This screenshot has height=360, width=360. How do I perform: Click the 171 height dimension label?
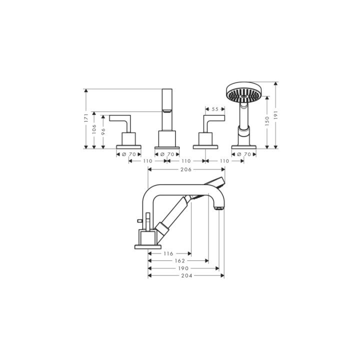coord(86,117)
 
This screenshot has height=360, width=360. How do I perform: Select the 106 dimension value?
coord(94,129)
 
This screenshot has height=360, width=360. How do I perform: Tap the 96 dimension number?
coord(103,131)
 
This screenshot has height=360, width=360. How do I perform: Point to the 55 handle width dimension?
coord(215,109)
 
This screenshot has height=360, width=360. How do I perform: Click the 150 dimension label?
coord(267,121)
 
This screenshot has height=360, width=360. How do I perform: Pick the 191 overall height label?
coord(275,115)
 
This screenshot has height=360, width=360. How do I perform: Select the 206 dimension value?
coord(186,169)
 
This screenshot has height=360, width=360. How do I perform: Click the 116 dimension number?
coord(168,253)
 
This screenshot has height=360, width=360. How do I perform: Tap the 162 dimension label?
coord(180,261)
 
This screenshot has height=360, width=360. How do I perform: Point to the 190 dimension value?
coord(183,268)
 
